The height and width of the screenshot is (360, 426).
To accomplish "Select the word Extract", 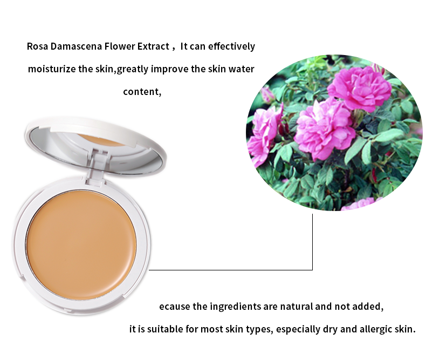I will [152, 46].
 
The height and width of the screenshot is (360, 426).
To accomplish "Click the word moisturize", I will [50, 69].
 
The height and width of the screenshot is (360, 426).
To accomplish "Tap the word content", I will [142, 91].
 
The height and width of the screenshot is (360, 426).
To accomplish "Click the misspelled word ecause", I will [175, 307].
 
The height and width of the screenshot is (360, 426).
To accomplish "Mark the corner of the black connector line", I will [313, 269].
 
